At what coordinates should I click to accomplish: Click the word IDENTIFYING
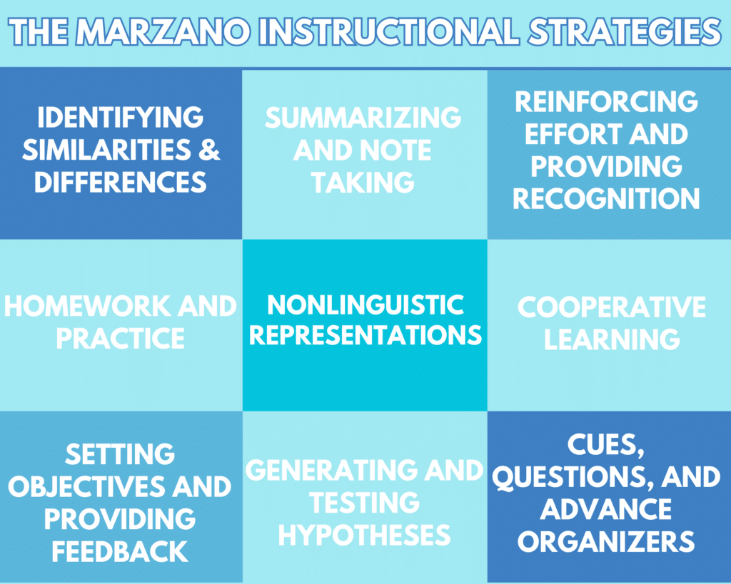pos(121,117)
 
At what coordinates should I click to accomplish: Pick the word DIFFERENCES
pos(121,182)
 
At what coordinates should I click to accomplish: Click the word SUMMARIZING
pos(363,118)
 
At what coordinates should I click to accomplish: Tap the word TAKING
pos(363,183)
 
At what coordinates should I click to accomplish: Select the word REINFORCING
pos(606,101)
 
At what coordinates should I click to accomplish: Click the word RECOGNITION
pos(606,199)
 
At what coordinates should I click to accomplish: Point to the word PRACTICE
pos(121,338)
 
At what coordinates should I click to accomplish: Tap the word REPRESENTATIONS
pos(365,335)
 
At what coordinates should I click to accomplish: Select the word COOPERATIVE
pos(612,307)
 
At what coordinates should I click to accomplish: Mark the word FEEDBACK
pos(119,550)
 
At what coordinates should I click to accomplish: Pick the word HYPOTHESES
pos(364,534)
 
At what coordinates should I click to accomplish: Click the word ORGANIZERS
pos(606,541)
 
